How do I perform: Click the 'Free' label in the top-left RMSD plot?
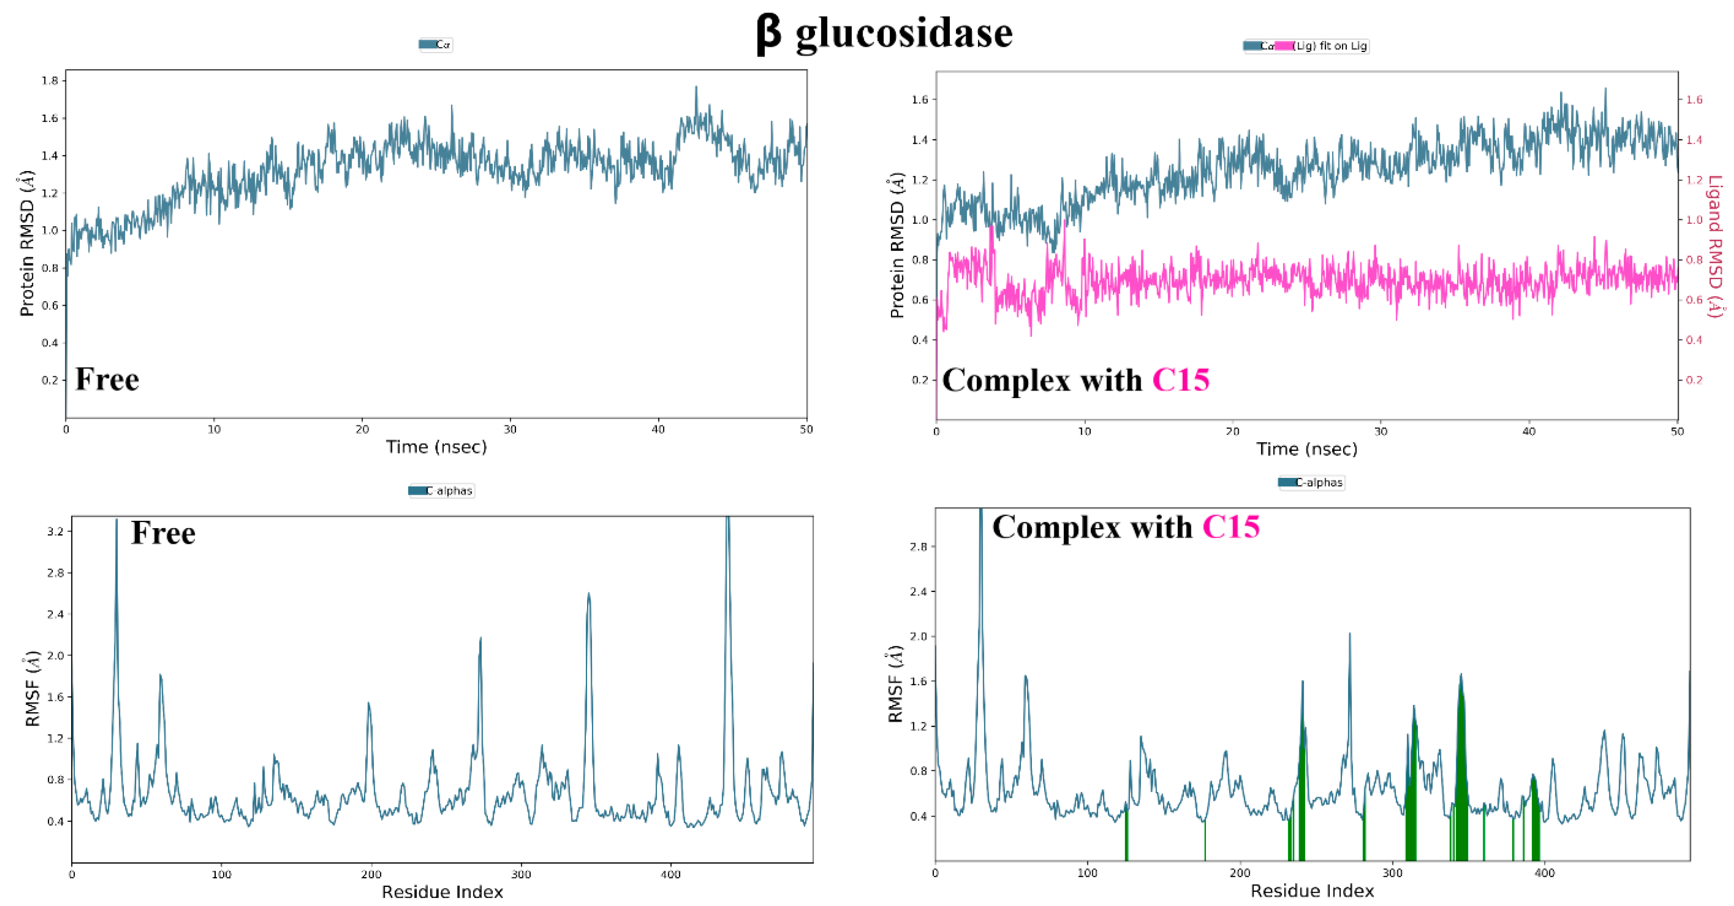[107, 379]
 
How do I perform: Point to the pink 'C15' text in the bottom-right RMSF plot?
[1231, 527]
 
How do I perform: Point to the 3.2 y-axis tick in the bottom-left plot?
[55, 531]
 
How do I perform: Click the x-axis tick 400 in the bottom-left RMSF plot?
[670, 874]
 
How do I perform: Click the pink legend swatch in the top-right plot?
[1283, 46]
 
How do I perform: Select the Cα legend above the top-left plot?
[436, 44]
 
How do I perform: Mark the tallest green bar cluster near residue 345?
[1461, 774]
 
